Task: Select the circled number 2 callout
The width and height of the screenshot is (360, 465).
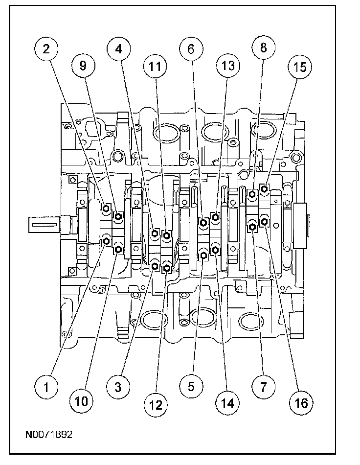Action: point(46,48)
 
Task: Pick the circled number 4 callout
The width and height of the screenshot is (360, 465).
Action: point(118,48)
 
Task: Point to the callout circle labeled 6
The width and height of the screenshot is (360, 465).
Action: point(191,48)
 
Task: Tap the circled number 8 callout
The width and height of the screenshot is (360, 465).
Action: point(263,48)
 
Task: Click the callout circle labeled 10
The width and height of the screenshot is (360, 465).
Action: point(82,402)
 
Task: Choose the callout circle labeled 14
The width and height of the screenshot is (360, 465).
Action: point(227,403)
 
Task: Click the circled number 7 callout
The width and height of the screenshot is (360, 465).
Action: point(263,387)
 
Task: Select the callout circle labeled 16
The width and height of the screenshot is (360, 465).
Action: point(299,403)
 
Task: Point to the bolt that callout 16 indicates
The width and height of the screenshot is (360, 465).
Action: point(265,222)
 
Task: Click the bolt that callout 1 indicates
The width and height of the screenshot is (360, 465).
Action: point(107,241)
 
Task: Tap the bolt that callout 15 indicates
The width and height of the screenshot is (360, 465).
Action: point(265,188)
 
